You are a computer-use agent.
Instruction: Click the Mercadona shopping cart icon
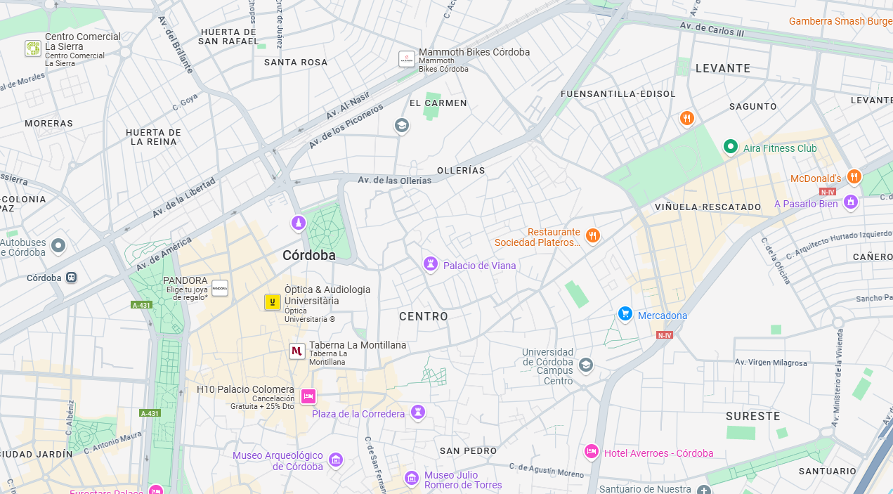click(625, 313)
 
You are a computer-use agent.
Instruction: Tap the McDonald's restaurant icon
click(854, 176)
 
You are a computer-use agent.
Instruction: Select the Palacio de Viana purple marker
click(431, 264)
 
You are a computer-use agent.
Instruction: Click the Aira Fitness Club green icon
click(731, 147)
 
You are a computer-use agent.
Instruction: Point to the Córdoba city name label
click(308, 255)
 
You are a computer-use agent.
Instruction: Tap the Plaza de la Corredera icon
click(419, 412)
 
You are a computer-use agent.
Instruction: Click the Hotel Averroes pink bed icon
click(592, 451)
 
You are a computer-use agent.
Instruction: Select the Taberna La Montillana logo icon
click(297, 351)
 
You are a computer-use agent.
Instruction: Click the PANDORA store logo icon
click(220, 288)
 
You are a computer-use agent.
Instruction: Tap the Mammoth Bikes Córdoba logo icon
click(407, 59)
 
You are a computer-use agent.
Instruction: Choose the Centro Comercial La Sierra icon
click(33, 48)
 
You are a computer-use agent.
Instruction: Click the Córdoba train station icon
click(71, 278)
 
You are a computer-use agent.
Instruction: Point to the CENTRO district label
click(423, 316)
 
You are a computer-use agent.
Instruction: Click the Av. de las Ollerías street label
click(394, 181)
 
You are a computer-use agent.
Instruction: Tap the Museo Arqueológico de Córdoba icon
click(336, 460)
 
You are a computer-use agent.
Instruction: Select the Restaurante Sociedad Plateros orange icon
click(592, 235)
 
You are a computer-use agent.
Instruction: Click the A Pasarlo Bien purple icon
click(851, 202)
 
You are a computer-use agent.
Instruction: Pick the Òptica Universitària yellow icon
click(272, 302)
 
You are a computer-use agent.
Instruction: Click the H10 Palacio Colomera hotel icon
click(308, 396)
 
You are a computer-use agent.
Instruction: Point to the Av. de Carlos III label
click(711, 30)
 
